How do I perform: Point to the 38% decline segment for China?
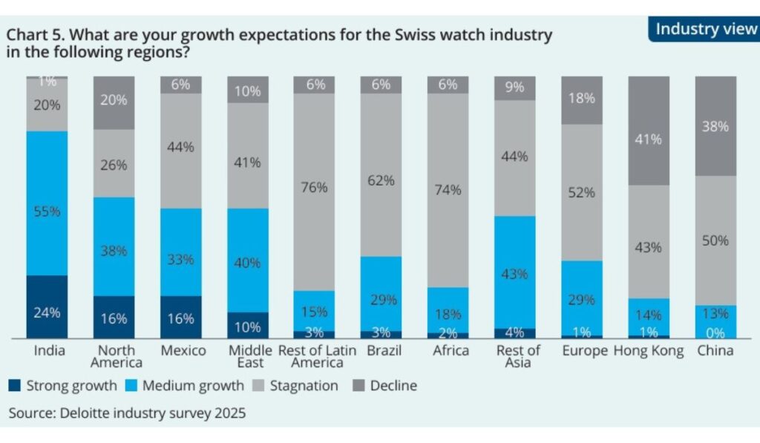tap(715, 126)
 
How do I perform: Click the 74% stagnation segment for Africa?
tap(448, 190)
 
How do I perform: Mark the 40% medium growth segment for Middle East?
tap(247, 260)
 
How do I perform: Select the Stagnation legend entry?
tap(301, 386)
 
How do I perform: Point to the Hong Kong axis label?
tap(649, 351)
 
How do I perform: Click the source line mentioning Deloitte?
tap(127, 413)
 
